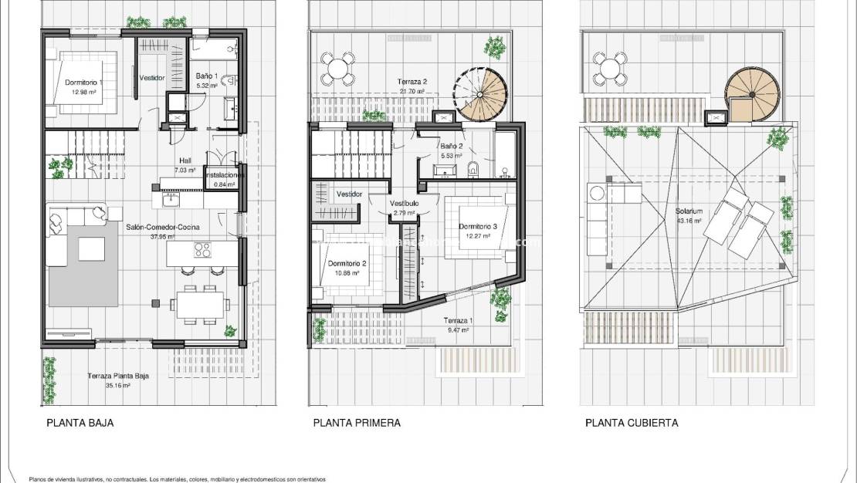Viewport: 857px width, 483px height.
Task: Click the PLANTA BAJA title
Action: [80, 423]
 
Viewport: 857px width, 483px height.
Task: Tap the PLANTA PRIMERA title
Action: [356, 423]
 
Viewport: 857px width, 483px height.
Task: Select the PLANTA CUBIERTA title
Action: [632, 423]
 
